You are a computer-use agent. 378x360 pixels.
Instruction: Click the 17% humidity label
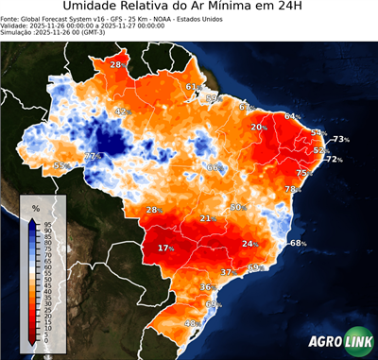click(166, 248)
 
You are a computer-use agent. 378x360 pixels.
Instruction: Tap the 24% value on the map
click(250, 244)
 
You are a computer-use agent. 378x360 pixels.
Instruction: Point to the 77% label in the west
click(92, 156)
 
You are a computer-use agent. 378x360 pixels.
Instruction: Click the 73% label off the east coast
click(340, 139)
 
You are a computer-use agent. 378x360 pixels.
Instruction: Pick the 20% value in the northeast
click(258, 127)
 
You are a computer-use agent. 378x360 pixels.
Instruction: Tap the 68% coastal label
click(298, 243)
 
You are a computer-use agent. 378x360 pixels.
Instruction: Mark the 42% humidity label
click(121, 111)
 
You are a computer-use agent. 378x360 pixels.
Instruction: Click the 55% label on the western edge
click(60, 165)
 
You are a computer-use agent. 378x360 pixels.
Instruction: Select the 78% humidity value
click(292, 189)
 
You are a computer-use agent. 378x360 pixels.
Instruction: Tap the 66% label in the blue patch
click(214, 167)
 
